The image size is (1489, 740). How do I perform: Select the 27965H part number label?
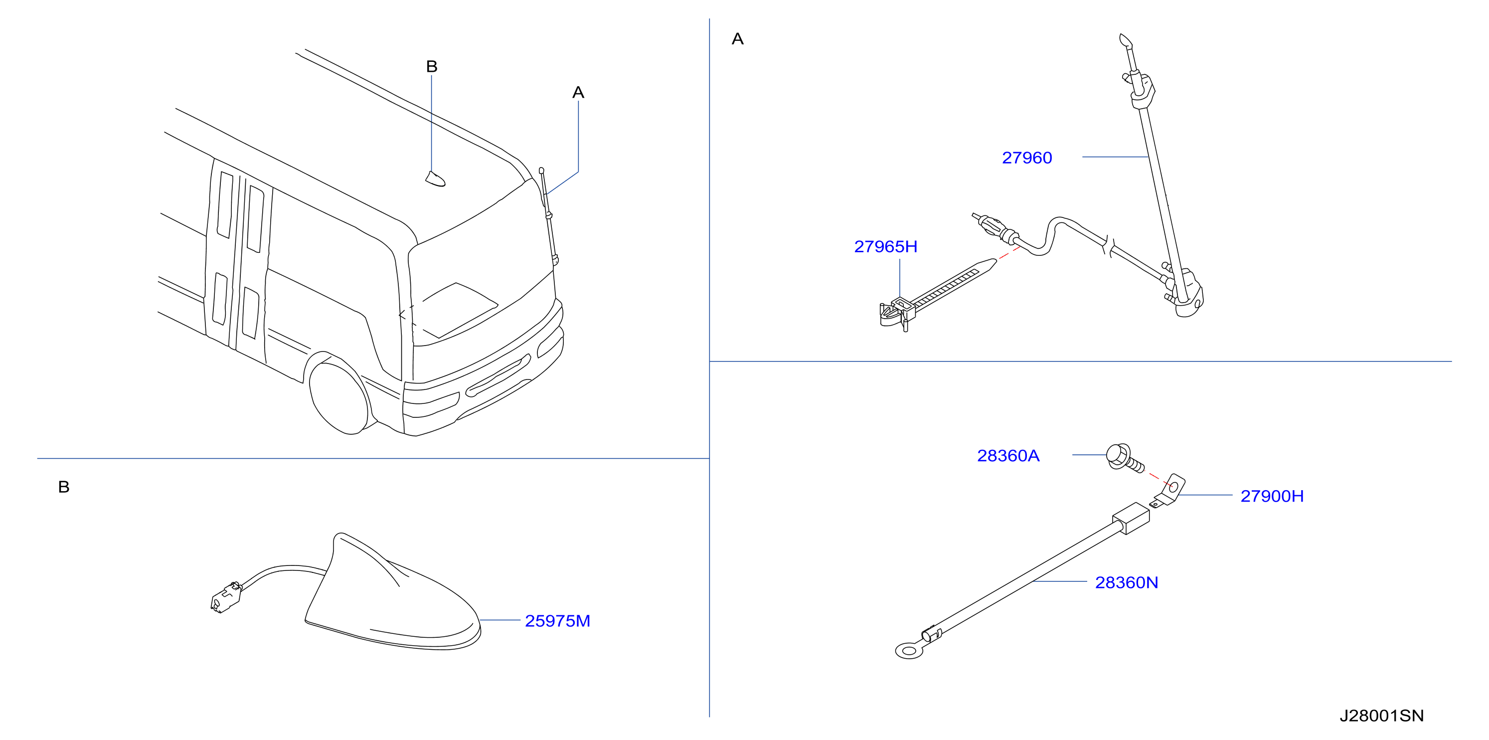pos(885,247)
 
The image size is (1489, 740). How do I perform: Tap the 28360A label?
pos(1008,456)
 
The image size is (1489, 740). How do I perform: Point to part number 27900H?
pos(1272,496)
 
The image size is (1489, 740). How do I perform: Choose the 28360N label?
pos(1127,583)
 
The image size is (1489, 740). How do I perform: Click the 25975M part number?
pos(557,621)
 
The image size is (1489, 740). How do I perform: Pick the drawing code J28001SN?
pos(1381,716)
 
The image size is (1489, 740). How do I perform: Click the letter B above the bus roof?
pos(432,66)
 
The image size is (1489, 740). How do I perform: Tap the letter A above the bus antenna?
pos(578,93)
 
